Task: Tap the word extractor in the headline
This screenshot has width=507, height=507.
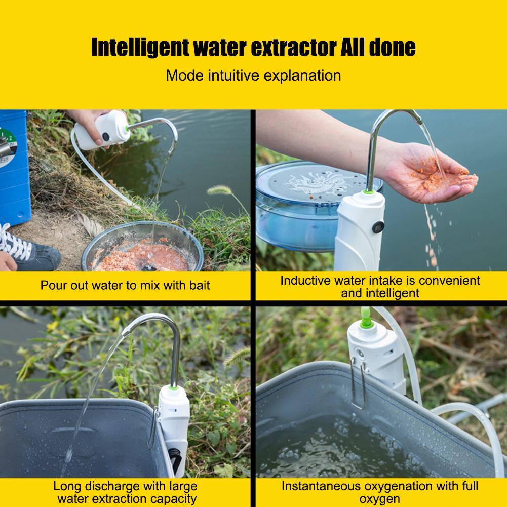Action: coord(290,47)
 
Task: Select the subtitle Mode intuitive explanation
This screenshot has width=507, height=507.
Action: coord(253,76)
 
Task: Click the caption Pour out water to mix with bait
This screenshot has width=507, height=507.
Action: coord(125,285)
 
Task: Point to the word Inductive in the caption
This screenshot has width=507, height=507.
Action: coord(303,280)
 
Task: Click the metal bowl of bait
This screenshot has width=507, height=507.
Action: coord(142,248)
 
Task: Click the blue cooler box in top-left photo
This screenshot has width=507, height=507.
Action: coord(14,167)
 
